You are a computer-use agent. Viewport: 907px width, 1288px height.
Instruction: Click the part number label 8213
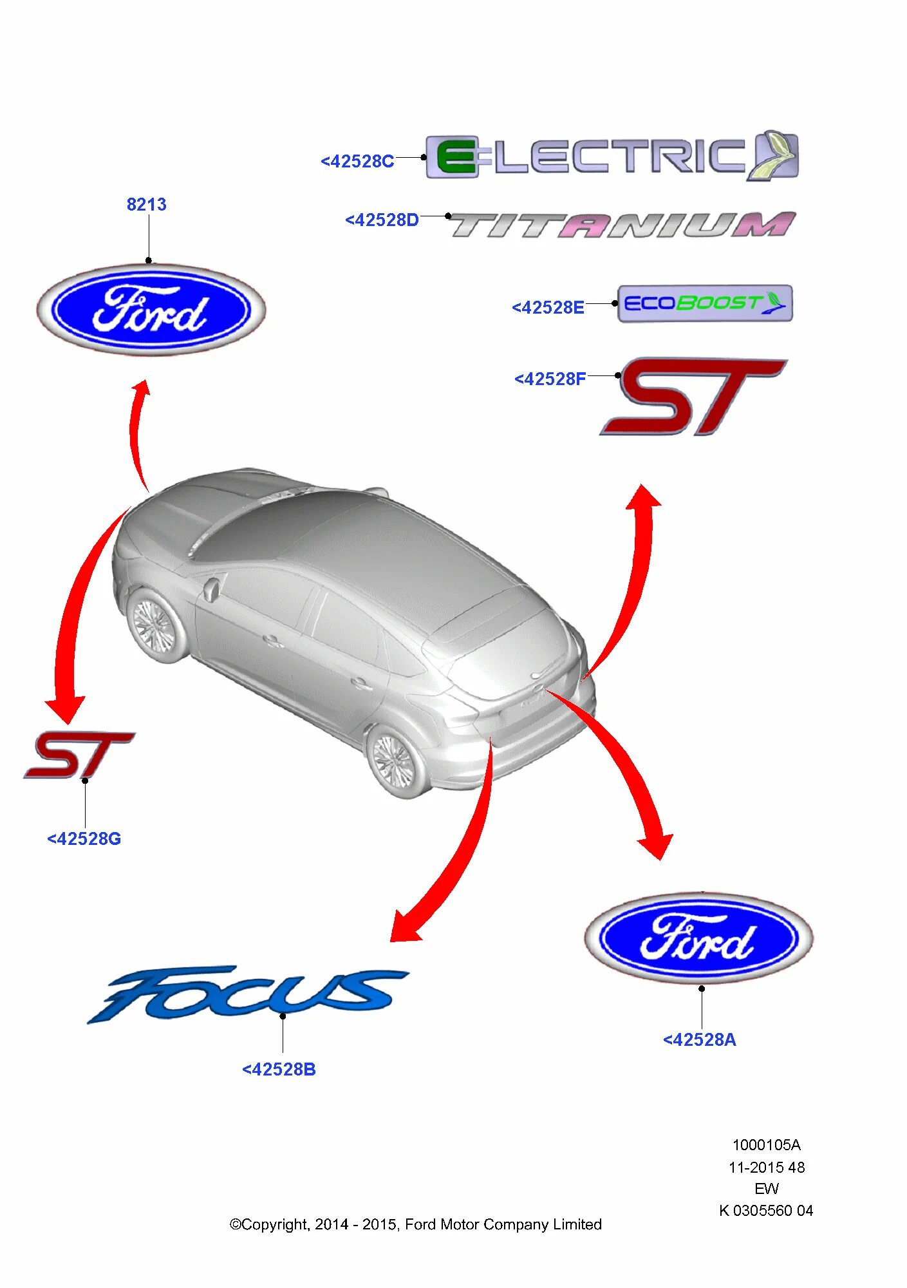point(146,205)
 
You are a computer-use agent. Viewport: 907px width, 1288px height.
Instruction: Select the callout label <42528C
point(357,161)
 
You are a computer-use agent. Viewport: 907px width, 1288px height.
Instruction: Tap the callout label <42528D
point(382,220)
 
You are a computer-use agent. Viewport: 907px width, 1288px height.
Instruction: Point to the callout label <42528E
point(548,308)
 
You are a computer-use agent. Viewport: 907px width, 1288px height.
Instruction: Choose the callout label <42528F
point(550,379)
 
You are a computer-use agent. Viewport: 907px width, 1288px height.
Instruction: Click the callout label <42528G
point(84,839)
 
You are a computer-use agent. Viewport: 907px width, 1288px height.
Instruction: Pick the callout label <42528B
point(279,1070)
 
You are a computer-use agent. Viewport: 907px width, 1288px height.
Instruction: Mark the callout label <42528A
point(699,1040)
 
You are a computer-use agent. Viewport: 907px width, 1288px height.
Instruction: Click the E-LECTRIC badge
point(612,156)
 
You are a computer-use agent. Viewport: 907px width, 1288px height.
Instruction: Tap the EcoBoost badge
point(704,303)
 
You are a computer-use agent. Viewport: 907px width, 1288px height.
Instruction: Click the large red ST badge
point(692,396)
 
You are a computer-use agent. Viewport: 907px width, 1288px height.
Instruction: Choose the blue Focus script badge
point(248,992)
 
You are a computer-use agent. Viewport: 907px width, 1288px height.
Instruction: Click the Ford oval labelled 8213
point(151,310)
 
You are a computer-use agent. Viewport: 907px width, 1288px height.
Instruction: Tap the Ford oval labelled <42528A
point(698,938)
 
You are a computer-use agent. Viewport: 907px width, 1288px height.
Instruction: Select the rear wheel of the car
point(394,762)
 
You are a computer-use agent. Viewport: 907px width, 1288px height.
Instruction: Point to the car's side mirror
point(210,589)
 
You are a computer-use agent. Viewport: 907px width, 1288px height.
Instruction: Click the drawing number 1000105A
point(766,1145)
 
